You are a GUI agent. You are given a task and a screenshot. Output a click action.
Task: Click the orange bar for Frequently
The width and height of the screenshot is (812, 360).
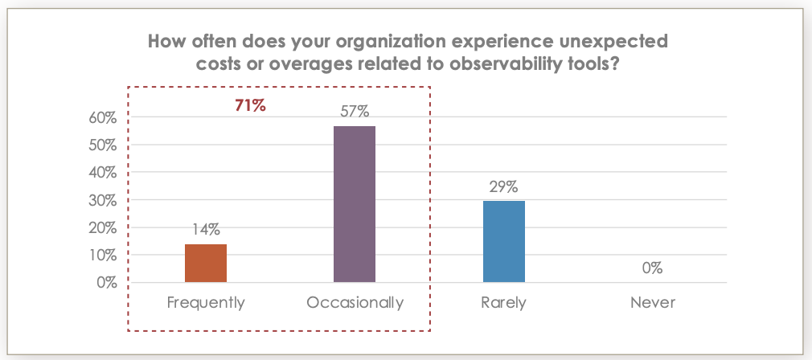[x=206, y=263]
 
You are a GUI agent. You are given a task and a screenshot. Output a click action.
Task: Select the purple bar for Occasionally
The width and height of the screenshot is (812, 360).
[x=355, y=204]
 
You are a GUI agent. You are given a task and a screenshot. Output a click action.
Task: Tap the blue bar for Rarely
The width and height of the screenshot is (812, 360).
[x=504, y=241]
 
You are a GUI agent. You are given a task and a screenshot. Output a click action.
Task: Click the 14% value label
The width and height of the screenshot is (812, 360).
[x=206, y=230]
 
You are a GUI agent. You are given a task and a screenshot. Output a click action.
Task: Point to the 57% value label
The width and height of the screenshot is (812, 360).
[x=355, y=112]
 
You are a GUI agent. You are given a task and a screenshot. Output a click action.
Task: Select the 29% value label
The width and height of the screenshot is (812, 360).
[x=504, y=186]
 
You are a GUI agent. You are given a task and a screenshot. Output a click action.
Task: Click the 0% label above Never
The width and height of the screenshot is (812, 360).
[x=652, y=268]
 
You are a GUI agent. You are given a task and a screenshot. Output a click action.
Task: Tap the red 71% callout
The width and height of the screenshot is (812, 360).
[x=250, y=105]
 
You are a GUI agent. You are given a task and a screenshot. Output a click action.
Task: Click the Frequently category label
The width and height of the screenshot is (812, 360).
[x=206, y=303]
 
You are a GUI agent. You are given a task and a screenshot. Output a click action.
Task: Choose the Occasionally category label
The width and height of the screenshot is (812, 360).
[x=355, y=303]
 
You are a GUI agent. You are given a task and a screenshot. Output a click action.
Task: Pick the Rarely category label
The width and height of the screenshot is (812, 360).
[x=504, y=303]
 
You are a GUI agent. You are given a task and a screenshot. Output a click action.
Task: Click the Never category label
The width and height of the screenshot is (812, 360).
[x=652, y=303]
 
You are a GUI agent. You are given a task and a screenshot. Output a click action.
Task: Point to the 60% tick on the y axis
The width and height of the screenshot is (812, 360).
[x=102, y=118]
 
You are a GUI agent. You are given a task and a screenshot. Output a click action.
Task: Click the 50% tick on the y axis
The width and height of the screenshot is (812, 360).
[x=102, y=145]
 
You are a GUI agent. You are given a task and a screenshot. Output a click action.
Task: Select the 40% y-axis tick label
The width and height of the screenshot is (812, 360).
[x=102, y=173]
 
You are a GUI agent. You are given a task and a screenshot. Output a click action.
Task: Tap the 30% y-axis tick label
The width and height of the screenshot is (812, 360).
[x=102, y=200]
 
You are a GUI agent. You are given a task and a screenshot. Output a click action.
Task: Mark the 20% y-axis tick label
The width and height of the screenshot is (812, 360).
[x=102, y=228]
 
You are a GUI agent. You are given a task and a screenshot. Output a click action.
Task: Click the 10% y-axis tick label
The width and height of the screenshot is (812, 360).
[x=102, y=256]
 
